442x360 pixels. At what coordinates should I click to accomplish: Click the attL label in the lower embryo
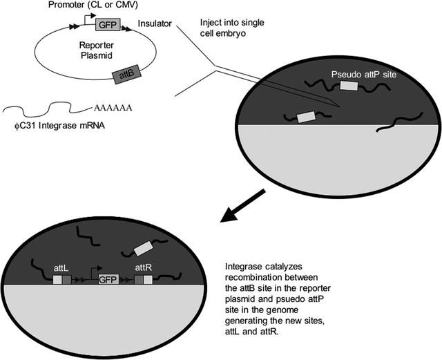(61, 264)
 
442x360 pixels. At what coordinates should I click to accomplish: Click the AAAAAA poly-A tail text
(111, 108)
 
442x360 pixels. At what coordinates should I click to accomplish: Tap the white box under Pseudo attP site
(349, 87)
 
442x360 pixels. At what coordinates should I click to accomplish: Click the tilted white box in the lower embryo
(144, 247)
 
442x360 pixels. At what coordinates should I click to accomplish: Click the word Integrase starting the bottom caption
(245, 267)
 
